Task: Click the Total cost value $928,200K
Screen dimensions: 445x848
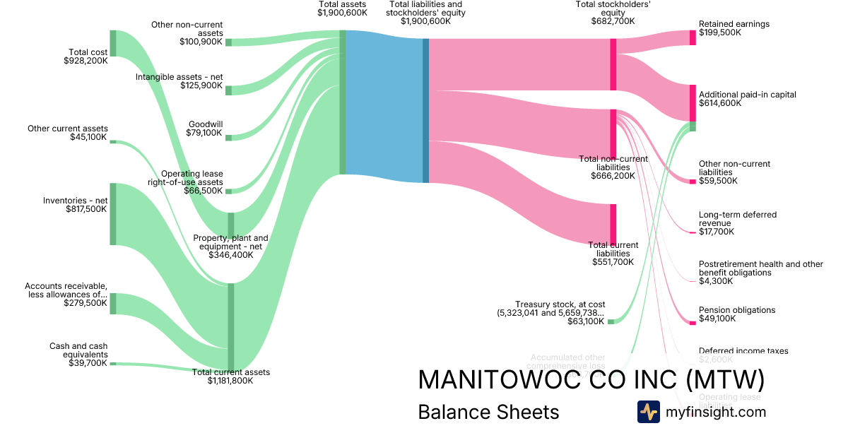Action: (x=86, y=61)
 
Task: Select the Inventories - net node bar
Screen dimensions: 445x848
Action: (x=112, y=214)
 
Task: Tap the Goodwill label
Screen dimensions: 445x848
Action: (x=206, y=124)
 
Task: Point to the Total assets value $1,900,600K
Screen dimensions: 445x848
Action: (x=342, y=13)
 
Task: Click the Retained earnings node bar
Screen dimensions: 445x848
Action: (x=693, y=37)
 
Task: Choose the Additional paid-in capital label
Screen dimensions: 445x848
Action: (x=747, y=95)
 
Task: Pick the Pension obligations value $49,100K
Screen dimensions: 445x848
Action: (x=716, y=319)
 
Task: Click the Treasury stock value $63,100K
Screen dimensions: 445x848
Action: (x=586, y=321)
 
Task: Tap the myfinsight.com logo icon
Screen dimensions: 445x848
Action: (x=648, y=412)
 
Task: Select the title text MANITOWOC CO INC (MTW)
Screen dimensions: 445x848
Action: (x=591, y=380)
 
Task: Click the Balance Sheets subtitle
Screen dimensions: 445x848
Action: (x=488, y=412)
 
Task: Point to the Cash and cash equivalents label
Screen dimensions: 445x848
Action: (x=78, y=350)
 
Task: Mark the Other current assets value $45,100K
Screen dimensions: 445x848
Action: (x=88, y=137)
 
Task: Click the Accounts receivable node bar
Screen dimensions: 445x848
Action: (x=112, y=304)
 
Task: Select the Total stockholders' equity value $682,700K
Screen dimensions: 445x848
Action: (x=613, y=21)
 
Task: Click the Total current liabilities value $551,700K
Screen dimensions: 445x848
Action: (x=612, y=262)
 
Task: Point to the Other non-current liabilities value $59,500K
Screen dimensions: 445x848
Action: (x=718, y=181)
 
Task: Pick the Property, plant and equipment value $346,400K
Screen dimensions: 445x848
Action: (x=230, y=255)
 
